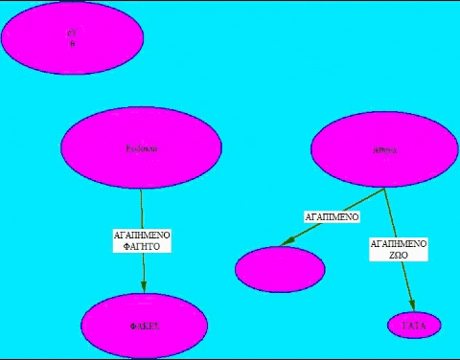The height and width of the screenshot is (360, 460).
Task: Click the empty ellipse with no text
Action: [280, 269]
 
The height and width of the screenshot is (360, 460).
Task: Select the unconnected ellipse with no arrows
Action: [72, 36]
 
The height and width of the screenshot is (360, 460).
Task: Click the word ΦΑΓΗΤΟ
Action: [142, 246]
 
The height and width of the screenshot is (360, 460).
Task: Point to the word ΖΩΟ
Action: [398, 257]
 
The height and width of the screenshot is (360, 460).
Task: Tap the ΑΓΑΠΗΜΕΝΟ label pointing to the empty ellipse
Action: [332, 217]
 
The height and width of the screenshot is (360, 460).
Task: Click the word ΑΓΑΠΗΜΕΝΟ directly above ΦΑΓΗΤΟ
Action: [142, 233]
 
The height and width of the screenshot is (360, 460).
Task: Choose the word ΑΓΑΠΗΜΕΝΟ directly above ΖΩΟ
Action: [398, 244]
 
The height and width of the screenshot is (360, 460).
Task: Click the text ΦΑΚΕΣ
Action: [144, 326]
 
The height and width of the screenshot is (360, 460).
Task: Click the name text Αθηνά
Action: [383, 150]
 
